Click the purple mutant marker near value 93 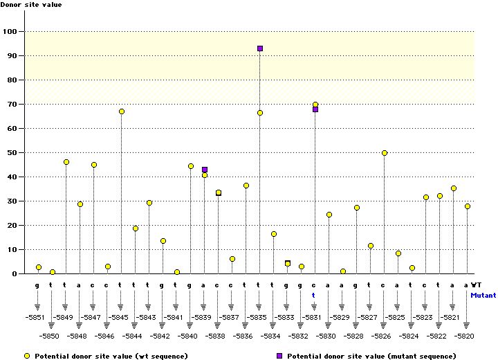(x=260, y=48)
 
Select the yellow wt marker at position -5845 (x=122, y=111)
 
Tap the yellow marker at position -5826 (x=385, y=153)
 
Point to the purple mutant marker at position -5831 (x=315, y=109)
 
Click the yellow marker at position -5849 (x=66, y=162)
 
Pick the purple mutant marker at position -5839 (x=205, y=170)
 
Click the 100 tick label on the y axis (x=11, y=32)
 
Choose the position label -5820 (x=465, y=336)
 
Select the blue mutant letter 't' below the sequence (x=313, y=294)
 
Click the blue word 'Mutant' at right (x=483, y=295)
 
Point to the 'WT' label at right (x=477, y=285)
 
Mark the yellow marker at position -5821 (x=454, y=188)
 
